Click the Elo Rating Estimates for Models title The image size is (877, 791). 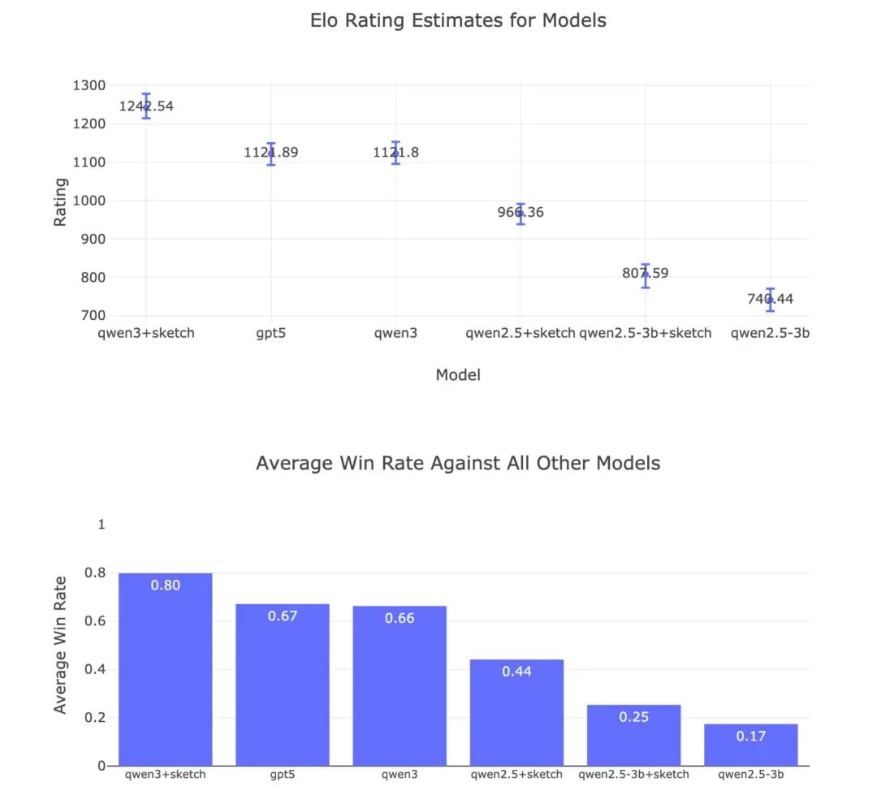click(458, 20)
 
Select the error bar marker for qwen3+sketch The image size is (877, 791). click(146, 106)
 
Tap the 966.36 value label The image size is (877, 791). click(521, 213)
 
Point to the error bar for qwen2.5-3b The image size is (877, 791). click(770, 300)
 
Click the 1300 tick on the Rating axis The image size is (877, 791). click(89, 85)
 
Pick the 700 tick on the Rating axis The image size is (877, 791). click(93, 315)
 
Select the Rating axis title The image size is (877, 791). click(60, 202)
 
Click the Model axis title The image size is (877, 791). click(458, 375)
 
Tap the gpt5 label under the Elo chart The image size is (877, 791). click(270, 334)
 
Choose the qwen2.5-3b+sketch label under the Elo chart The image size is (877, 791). click(645, 334)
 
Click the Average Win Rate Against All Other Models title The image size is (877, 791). click(458, 463)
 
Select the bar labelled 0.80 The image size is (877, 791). click(166, 669)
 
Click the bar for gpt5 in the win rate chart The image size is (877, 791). click(283, 685)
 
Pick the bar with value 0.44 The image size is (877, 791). click(516, 712)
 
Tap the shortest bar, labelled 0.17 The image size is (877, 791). click(750, 745)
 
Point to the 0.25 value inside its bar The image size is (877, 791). click(633, 717)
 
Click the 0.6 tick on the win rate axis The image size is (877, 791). click(95, 621)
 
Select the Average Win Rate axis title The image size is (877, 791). click(60, 645)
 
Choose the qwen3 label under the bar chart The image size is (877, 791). click(400, 775)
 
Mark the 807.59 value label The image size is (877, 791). click(645, 274)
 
